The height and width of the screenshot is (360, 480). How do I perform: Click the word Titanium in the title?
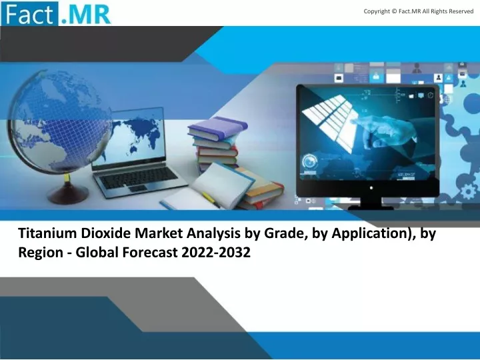(47, 233)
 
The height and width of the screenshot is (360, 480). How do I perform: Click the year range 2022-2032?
(216, 253)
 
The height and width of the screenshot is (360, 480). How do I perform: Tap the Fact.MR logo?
(56, 13)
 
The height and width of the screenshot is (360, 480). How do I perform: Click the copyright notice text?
(419, 11)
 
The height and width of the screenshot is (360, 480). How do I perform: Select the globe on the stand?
(60, 123)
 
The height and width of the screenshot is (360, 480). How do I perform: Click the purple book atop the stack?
(218, 127)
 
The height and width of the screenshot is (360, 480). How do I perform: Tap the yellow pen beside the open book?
(211, 199)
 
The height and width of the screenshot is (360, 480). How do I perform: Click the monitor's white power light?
(371, 187)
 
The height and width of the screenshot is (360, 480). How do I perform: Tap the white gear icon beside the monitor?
(469, 192)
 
